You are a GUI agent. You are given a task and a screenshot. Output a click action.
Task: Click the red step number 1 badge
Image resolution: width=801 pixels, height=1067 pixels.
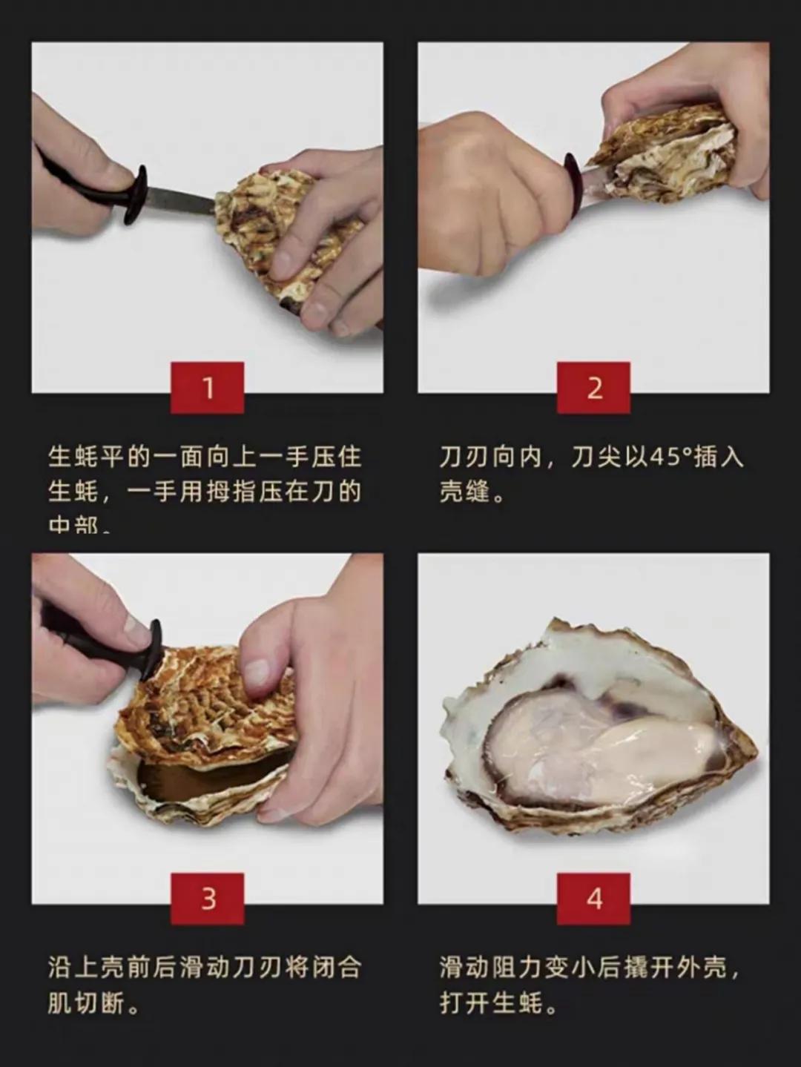(x=207, y=387)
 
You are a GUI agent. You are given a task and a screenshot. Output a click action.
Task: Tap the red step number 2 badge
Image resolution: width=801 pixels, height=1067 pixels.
(x=593, y=387)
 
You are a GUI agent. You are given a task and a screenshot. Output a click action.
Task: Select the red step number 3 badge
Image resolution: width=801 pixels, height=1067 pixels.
(x=207, y=898)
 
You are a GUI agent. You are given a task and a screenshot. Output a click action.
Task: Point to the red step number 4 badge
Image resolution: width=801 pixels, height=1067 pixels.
(x=593, y=898)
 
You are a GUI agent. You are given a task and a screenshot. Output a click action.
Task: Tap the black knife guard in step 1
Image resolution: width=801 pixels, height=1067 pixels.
(x=136, y=194)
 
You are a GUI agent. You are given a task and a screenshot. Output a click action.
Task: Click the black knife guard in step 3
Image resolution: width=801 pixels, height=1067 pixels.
(x=153, y=650)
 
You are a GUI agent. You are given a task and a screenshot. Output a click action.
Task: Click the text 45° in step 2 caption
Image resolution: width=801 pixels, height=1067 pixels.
(x=665, y=457)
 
